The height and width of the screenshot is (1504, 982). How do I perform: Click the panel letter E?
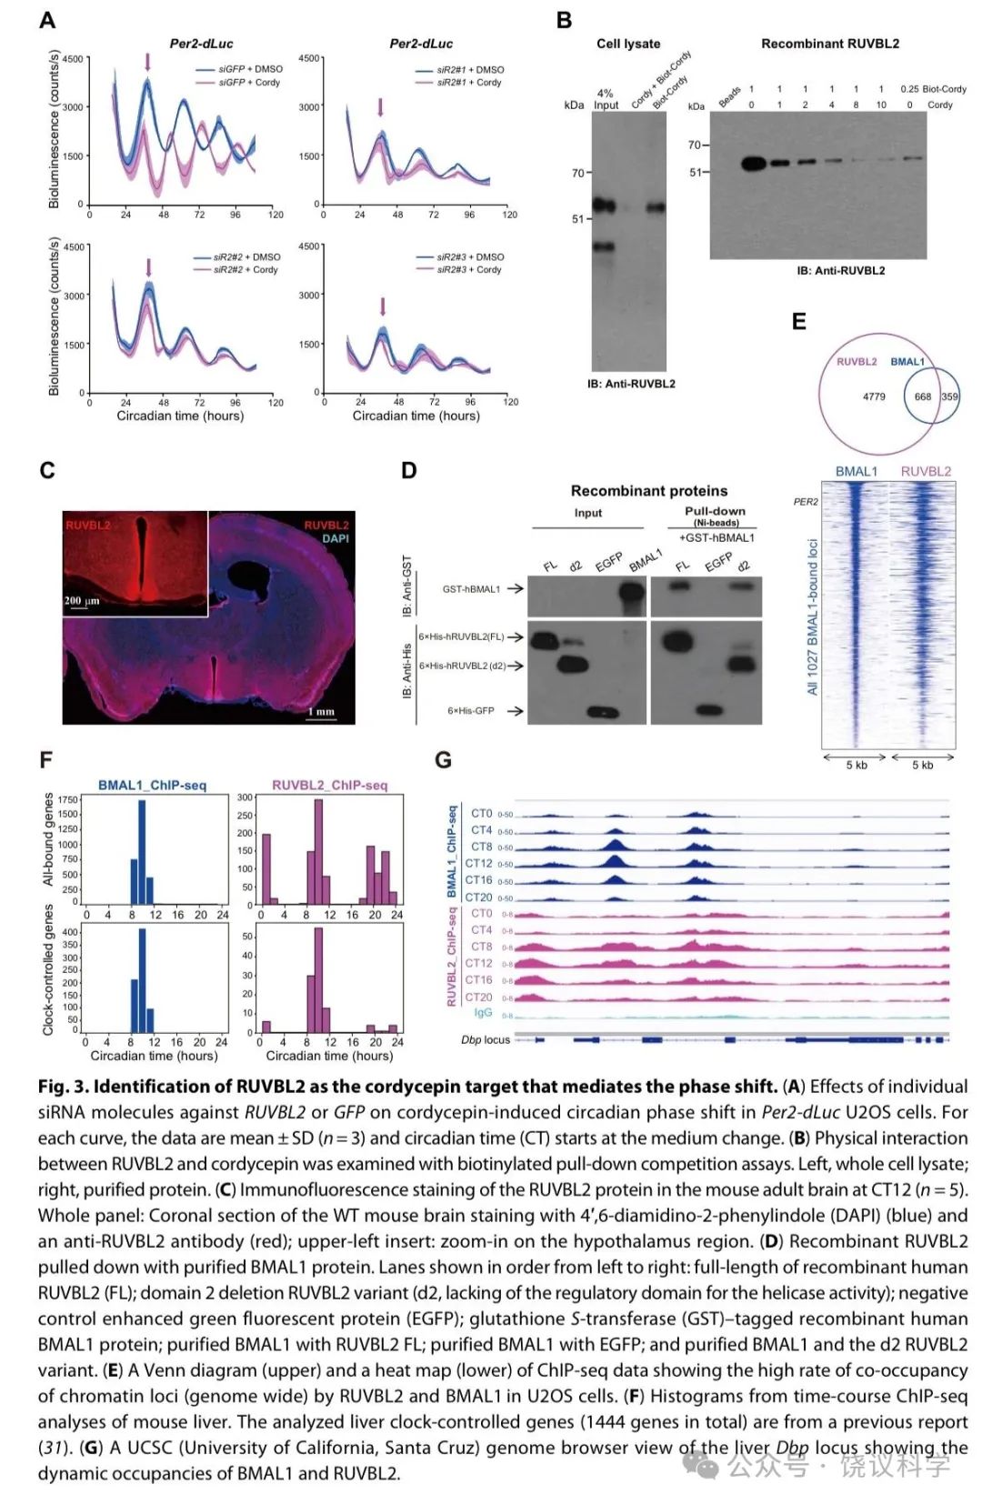799,322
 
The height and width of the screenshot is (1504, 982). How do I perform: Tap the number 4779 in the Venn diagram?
874,396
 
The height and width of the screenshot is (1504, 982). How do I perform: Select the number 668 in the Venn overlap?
923,396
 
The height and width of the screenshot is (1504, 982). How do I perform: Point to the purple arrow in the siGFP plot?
147,62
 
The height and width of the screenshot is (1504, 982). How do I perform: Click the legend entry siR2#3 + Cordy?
469,270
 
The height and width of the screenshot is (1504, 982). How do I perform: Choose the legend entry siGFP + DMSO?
250,69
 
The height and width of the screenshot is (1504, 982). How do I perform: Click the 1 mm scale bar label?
321,712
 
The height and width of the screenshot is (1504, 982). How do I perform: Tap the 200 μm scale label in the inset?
82,601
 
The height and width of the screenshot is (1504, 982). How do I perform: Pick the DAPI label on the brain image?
336,538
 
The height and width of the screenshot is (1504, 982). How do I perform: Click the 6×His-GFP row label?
471,711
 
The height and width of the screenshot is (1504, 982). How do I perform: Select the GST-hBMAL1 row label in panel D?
471,589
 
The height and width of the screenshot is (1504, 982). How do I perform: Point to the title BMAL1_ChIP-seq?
152,786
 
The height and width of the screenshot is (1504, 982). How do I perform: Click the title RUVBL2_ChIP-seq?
329,786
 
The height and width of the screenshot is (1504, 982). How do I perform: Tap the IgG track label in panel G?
483,1013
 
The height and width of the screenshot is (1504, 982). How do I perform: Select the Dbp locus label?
486,1039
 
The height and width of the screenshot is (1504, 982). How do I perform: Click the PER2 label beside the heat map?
806,502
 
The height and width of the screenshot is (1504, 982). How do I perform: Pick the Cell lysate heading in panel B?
628,44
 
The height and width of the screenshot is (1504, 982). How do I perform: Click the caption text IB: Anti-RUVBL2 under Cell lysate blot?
631,384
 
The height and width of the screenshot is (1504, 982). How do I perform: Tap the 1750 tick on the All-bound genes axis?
68,800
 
